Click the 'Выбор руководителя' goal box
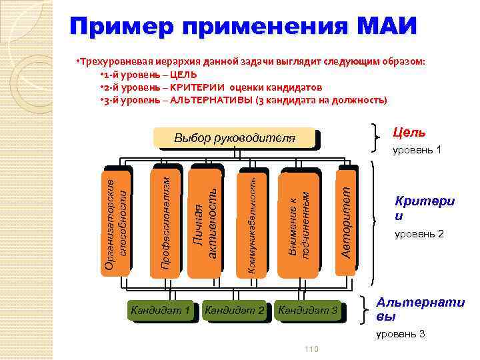[x=234, y=139]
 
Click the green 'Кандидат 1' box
[x=161, y=311]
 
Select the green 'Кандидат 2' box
[x=235, y=311]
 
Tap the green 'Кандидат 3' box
[x=308, y=311]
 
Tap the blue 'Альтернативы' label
[x=420, y=309]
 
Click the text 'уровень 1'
[x=417, y=149]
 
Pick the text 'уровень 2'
[x=418, y=234]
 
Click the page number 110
[x=311, y=350]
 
